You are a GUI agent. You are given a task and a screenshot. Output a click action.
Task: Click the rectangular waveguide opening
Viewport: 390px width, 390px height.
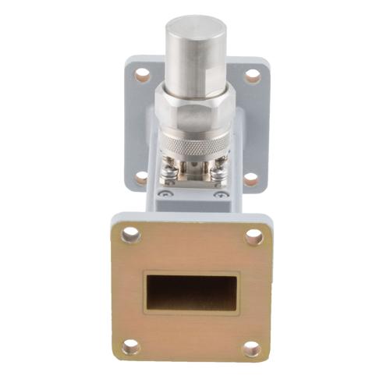[192, 292]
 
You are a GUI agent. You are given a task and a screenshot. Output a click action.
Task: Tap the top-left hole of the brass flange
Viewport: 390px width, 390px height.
[130, 234]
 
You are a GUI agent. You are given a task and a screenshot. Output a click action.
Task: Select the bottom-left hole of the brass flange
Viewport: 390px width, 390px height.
[130, 346]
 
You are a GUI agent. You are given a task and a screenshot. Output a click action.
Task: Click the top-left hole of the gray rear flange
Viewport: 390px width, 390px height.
[142, 76]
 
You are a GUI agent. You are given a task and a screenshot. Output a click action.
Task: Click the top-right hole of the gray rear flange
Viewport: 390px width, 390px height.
[252, 76]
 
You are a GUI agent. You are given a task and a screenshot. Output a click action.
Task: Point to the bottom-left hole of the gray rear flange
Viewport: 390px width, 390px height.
[140, 178]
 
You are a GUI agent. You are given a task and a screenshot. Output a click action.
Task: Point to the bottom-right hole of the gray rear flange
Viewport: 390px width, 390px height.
[252, 179]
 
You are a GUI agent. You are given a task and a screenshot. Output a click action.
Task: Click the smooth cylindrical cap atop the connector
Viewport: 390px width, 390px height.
[195, 55]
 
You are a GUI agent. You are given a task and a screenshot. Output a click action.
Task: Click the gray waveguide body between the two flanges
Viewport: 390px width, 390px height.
[195, 204]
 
